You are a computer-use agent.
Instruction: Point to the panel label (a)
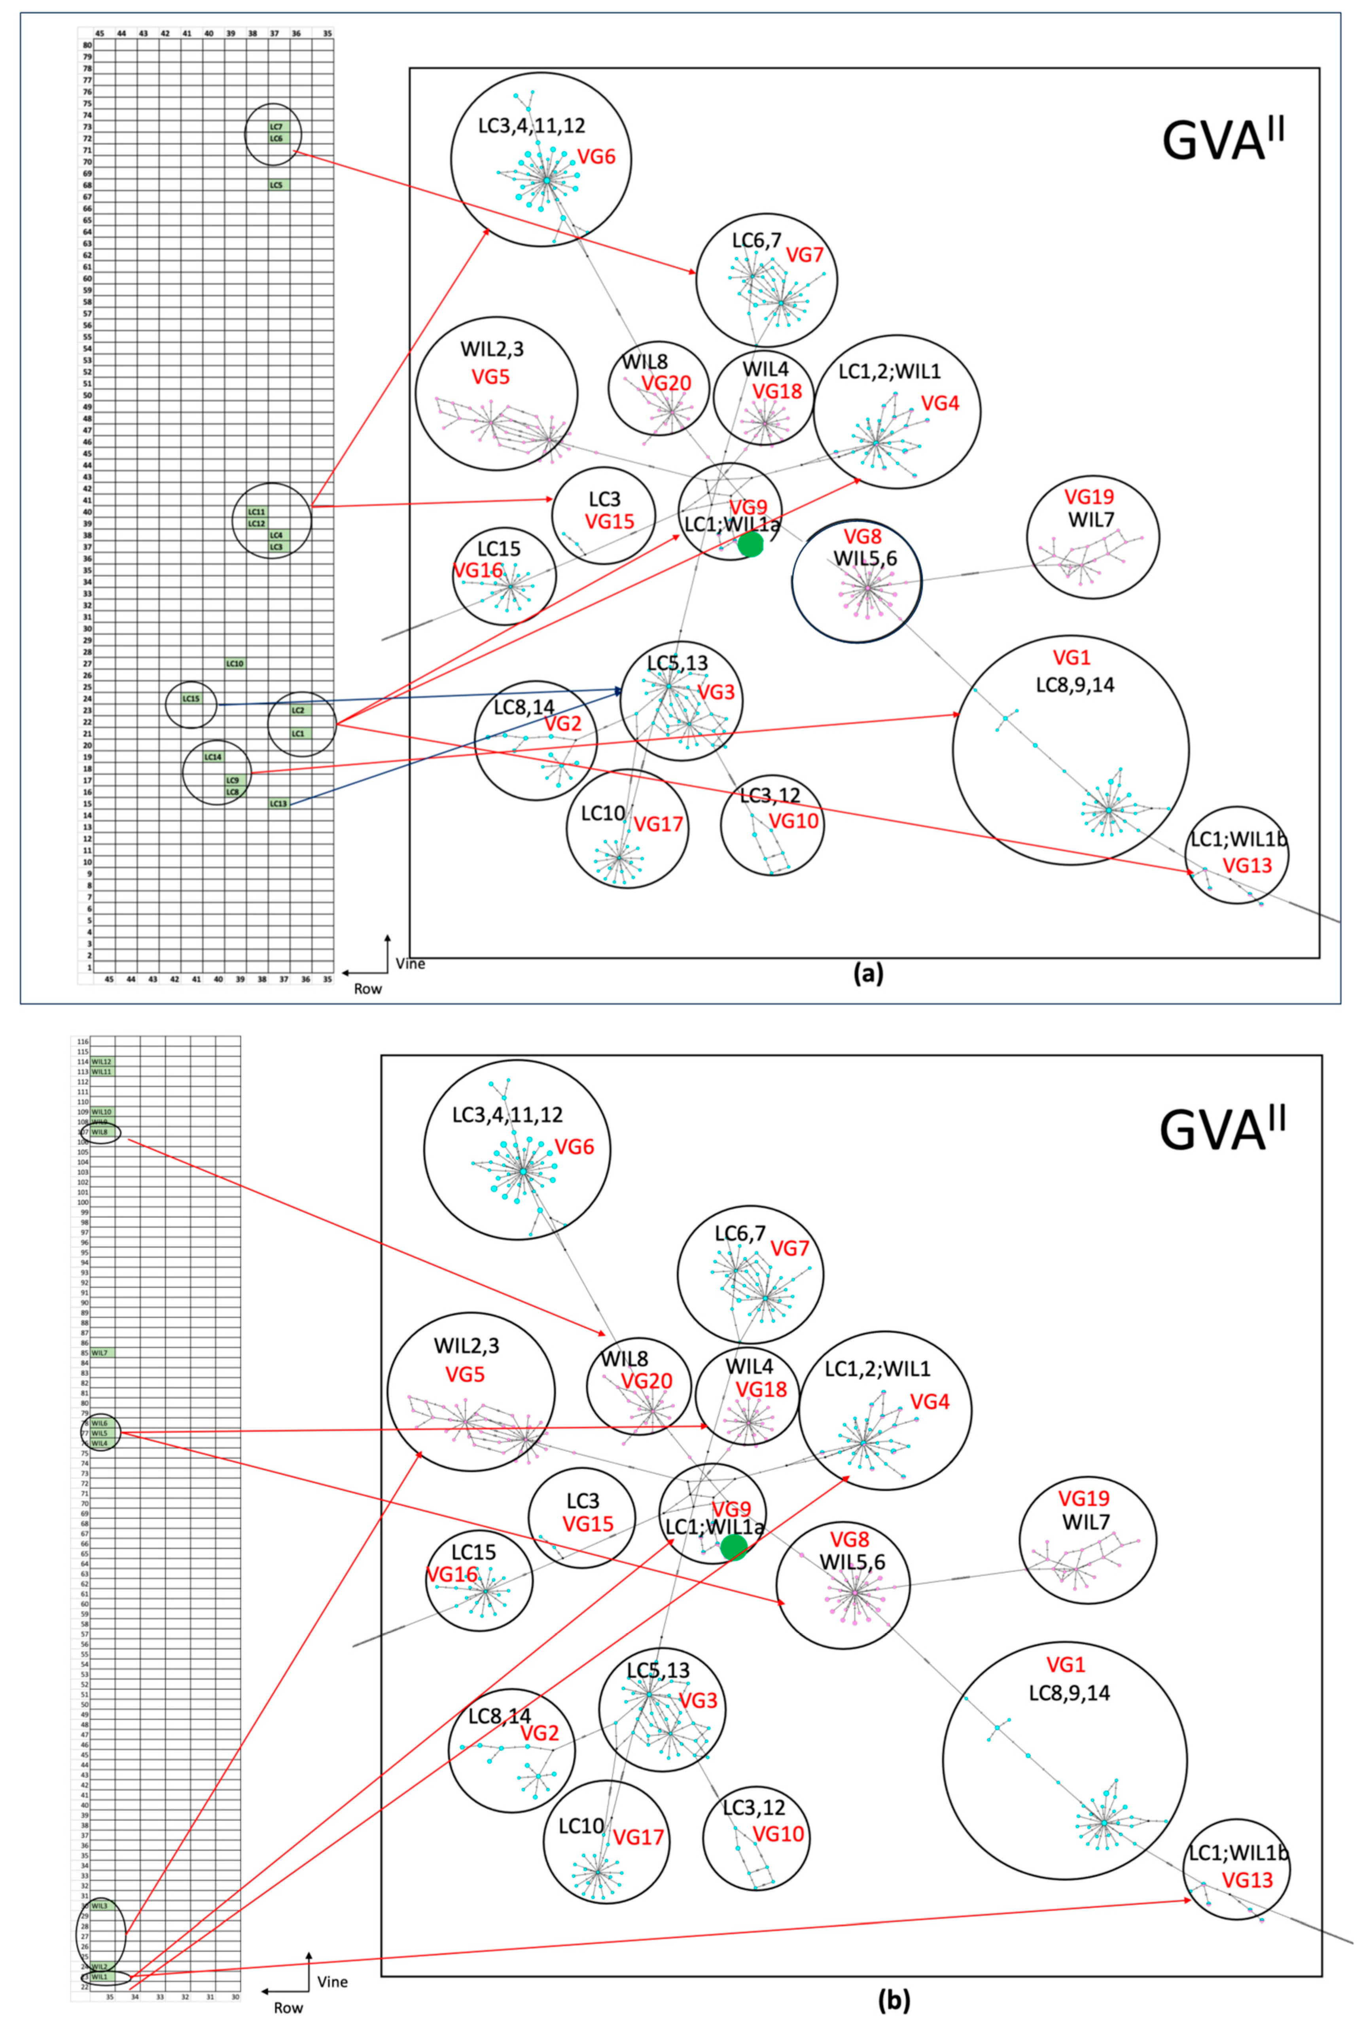(867, 974)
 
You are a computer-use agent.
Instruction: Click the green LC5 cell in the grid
(277, 185)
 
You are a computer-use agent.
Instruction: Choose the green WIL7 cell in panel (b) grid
(100, 1352)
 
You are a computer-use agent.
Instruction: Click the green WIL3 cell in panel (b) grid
(100, 1906)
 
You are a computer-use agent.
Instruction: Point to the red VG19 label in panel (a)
(1089, 497)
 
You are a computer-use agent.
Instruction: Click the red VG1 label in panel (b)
(1066, 1665)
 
